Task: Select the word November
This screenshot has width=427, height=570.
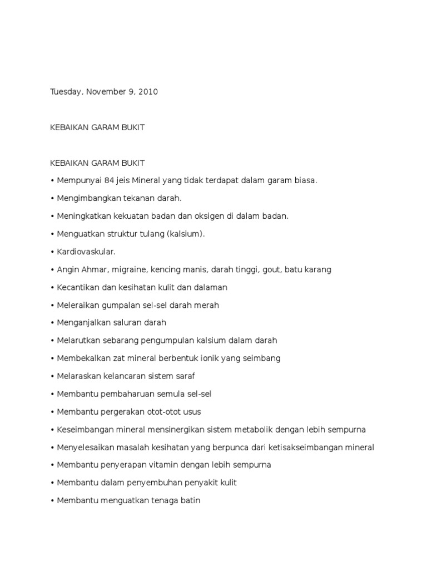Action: (106, 92)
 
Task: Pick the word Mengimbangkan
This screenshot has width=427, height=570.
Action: (87, 198)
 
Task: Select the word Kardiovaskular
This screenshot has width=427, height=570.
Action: (86, 252)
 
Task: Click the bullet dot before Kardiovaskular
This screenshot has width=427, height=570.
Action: (52, 252)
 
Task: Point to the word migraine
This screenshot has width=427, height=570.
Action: (130, 269)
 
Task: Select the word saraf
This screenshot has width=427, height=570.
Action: (184, 376)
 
